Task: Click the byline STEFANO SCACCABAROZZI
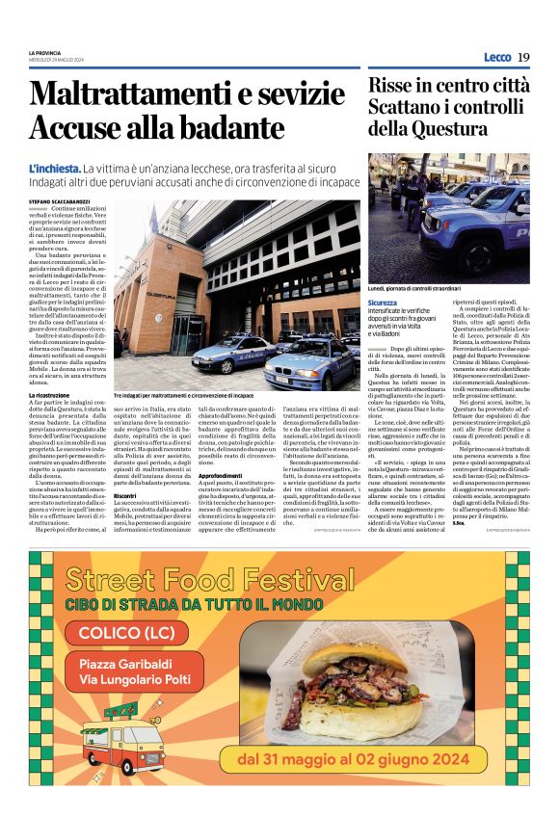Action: click(67, 200)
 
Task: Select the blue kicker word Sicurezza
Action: click(382, 303)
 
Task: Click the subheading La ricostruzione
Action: click(52, 396)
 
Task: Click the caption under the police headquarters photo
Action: click(184, 395)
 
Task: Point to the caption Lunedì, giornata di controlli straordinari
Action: click(414, 287)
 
